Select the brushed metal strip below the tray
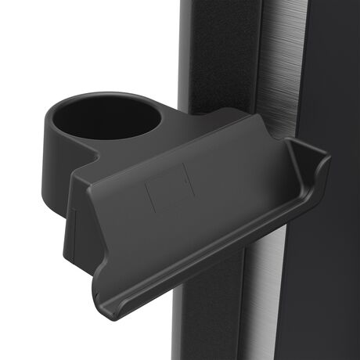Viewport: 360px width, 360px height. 266,305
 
